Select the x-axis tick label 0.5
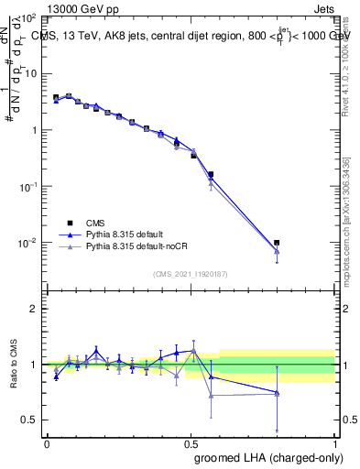click(x=191, y=443)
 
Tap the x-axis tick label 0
click(x=47, y=443)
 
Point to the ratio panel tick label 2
click(x=33, y=309)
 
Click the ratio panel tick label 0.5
click(x=28, y=420)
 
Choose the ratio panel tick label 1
click(x=33, y=365)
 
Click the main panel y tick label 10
click(x=30, y=73)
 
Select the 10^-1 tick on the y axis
click(x=28, y=186)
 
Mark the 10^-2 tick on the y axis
click(x=28, y=243)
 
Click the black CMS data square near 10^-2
click(x=277, y=243)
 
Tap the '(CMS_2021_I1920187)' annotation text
click(x=191, y=274)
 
